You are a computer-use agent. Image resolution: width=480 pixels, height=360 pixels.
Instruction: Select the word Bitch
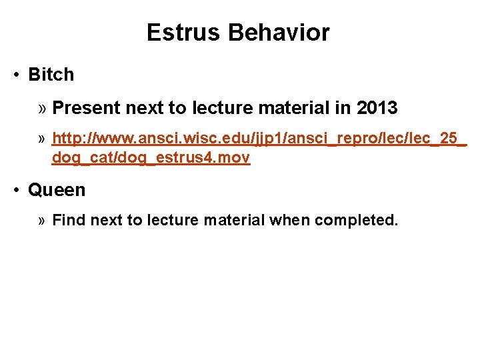(x=51, y=75)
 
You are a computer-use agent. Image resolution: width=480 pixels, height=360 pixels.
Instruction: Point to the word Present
(x=81, y=107)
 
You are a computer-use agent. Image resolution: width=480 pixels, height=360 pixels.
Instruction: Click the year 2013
(x=377, y=107)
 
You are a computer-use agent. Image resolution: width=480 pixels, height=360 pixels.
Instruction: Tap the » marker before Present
(x=42, y=107)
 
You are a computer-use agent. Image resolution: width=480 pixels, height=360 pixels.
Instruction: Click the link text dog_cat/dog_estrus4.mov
(x=151, y=158)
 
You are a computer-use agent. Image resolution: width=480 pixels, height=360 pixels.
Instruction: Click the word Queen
(x=57, y=190)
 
